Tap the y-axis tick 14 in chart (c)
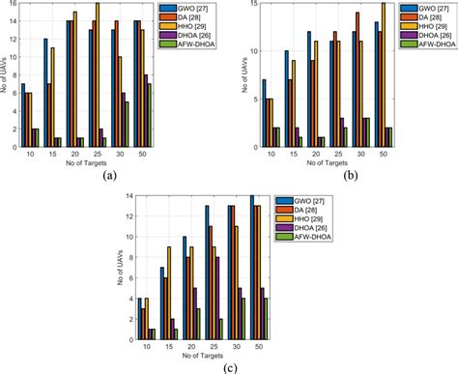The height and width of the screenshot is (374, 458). click(x=128, y=197)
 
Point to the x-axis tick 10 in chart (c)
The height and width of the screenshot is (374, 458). click(x=146, y=343)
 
